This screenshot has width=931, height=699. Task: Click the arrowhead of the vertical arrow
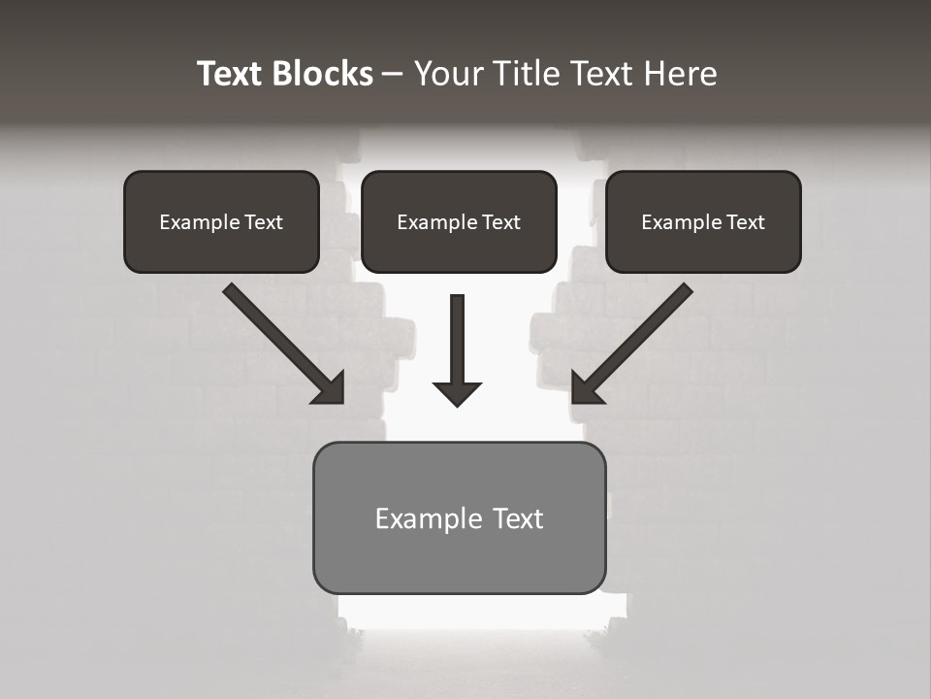pos(458,393)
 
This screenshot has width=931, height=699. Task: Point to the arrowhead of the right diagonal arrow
pos(586,387)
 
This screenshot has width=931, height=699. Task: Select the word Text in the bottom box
pos(518,519)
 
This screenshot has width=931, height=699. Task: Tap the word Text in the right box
pos(746,222)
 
